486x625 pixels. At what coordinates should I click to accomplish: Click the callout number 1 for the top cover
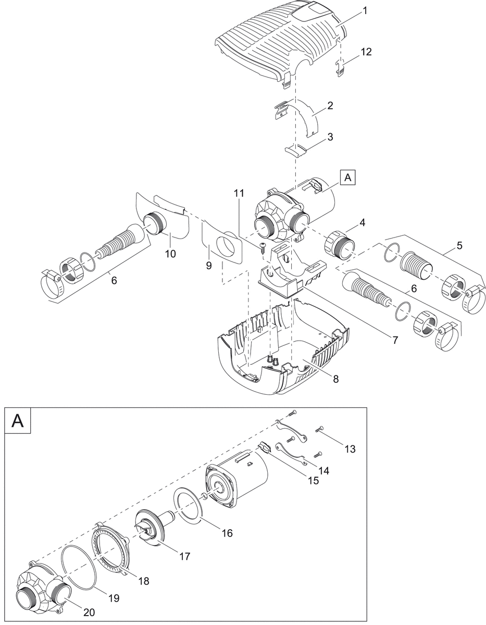(365, 11)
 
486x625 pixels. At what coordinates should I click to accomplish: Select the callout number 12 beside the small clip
(366, 52)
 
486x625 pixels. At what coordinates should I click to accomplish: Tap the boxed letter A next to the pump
(348, 178)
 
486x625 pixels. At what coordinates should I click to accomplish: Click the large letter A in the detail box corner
(18, 420)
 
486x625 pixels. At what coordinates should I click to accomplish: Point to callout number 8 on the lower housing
(336, 379)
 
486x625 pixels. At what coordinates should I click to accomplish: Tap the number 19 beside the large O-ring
(113, 598)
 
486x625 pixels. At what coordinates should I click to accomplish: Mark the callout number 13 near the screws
(350, 448)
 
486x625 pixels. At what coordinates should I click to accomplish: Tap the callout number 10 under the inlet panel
(170, 254)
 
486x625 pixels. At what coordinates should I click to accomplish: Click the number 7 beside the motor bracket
(395, 340)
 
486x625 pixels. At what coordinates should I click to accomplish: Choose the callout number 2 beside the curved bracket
(330, 105)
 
